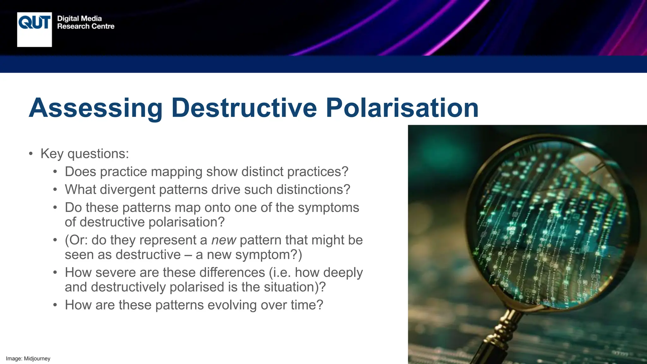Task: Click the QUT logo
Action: tap(34, 29)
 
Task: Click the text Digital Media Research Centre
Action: tap(85, 22)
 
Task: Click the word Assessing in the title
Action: tap(95, 108)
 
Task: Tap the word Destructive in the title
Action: tap(244, 108)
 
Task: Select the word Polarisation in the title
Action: tap(402, 108)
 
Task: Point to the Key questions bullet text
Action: tap(85, 154)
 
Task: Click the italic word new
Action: tap(223, 240)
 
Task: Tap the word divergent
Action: tap(127, 190)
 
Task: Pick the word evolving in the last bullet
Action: tap(230, 305)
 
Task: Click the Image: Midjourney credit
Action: tap(28, 359)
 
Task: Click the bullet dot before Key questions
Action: tap(31, 154)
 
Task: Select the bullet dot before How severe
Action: tap(55, 273)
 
